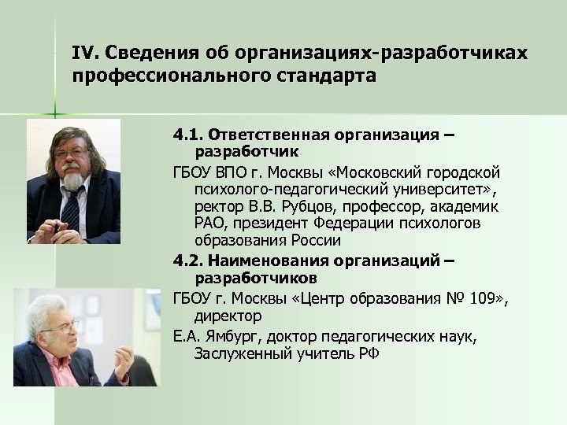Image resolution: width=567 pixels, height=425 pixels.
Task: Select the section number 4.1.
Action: [189, 135]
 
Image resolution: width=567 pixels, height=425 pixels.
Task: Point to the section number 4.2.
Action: [189, 261]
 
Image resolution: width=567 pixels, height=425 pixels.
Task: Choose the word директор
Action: [228, 316]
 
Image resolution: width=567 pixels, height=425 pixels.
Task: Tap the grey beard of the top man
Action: [74, 178]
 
